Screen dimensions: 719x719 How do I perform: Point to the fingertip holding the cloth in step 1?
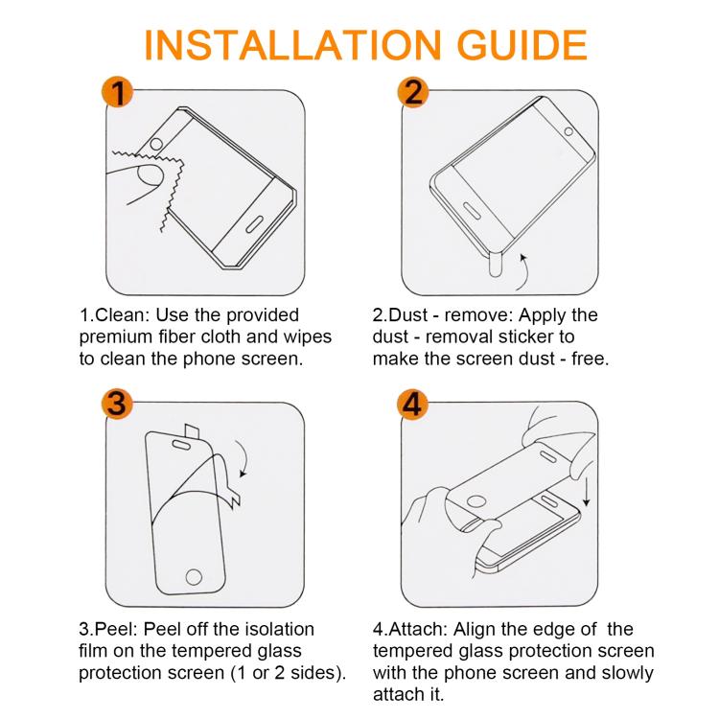coord(150,176)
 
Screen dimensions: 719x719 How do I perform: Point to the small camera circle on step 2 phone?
coord(568,131)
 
